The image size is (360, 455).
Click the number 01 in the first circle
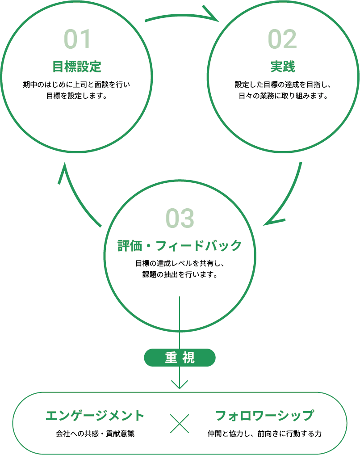pos(77,39)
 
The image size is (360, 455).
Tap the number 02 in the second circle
pos(282,39)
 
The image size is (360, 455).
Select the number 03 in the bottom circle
pos(180,218)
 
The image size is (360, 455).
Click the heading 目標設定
pos(77,67)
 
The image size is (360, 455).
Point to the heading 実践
pos(282,67)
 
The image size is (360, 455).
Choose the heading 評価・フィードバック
pos(180,245)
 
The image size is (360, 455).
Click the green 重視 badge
pos(180,358)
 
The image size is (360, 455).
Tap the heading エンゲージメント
pos(95,416)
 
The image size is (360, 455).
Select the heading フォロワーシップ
pos(264,416)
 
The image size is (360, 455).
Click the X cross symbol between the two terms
pos(180,423)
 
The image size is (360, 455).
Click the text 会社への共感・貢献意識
pos(95,434)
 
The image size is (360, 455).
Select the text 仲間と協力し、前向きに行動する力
pos(264,434)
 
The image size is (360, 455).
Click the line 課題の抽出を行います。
pos(180,274)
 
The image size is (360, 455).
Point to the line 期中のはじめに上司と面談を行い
pos(76,84)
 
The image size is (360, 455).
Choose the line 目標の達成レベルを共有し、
pos(180,263)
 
